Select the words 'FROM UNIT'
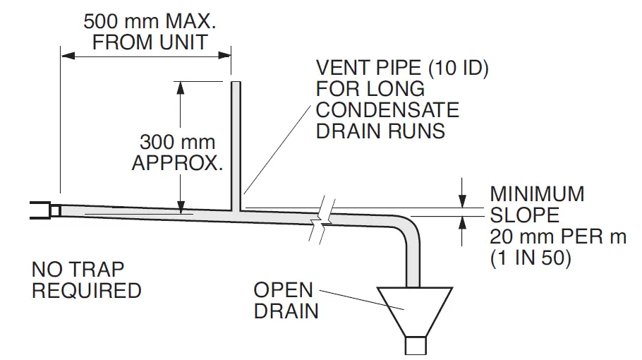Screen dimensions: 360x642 click(150, 42)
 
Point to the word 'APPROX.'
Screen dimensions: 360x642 click(177, 164)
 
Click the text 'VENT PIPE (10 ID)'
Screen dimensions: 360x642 click(402, 68)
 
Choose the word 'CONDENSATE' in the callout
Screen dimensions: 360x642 click(387, 110)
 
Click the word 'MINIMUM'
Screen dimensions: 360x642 click(537, 193)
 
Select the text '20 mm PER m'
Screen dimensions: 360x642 click(557, 236)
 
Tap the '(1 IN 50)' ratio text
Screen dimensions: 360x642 click(531, 258)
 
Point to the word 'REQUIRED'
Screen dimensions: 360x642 click(86, 291)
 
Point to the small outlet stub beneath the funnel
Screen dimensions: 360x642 click(415, 345)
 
